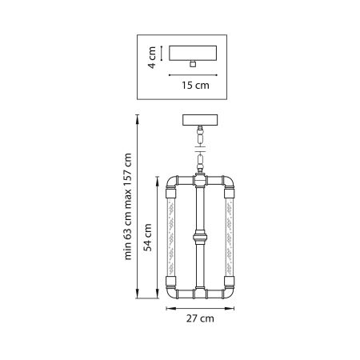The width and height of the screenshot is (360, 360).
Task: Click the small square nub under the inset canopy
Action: click(x=195, y=64)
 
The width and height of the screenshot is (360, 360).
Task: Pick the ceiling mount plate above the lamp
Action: click(x=200, y=120)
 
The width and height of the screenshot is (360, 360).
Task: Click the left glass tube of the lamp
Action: click(x=171, y=238)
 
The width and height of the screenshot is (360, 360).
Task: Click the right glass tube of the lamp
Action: click(x=229, y=238)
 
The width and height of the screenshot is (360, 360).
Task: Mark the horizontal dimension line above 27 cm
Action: click(x=200, y=307)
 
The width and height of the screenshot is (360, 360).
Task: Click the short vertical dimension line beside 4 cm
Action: click(x=162, y=52)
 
